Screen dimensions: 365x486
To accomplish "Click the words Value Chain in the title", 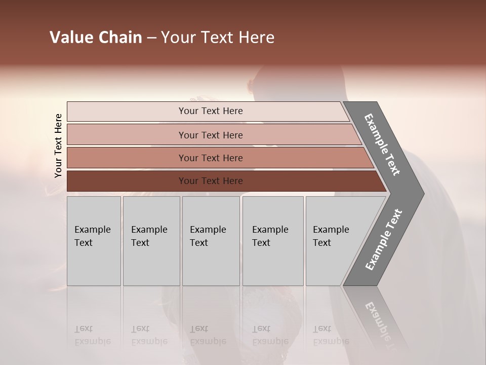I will pyautogui.click(x=96, y=38).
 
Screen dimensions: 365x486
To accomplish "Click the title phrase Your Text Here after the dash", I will pyautogui.click(x=218, y=38).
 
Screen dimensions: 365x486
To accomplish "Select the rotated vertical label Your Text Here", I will pyautogui.click(x=58, y=145).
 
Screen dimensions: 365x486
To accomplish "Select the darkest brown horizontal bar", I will pyautogui.click(x=127, y=181).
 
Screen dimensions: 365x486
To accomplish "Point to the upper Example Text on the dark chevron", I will pyautogui.click(x=382, y=144).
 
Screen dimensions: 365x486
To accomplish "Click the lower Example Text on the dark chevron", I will pyautogui.click(x=384, y=240).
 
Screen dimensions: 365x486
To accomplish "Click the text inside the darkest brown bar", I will pyautogui.click(x=211, y=181).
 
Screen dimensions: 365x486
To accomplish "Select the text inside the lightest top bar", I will pyautogui.click(x=211, y=111).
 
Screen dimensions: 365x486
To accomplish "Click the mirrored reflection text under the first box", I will pyautogui.click(x=93, y=335).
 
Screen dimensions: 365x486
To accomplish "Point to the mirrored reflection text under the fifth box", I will pyautogui.click(x=331, y=335).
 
